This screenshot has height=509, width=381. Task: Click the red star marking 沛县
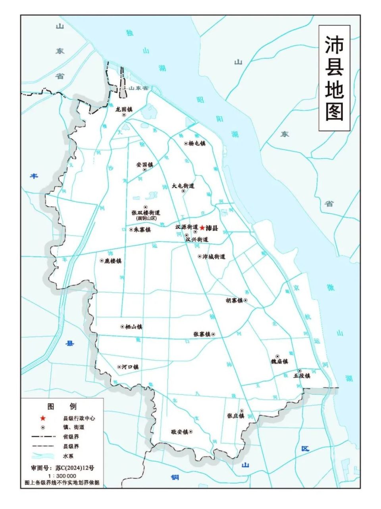click(x=202, y=228)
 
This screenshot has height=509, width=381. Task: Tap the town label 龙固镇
click(x=124, y=109)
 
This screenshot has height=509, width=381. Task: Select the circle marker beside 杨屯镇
click(x=186, y=144)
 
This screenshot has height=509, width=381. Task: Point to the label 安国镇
click(x=144, y=164)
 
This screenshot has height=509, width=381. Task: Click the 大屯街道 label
click(x=183, y=186)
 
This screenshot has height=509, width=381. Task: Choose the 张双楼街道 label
click(x=146, y=213)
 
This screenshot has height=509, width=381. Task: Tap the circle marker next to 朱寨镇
click(x=131, y=230)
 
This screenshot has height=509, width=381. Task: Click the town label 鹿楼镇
click(x=113, y=261)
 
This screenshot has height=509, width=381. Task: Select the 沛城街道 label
click(x=214, y=256)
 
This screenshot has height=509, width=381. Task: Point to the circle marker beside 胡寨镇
click(x=246, y=300)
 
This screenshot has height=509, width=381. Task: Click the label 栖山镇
click(x=134, y=327)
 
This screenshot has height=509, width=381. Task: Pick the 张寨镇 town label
click(x=202, y=334)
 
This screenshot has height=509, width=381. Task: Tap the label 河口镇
click(x=130, y=367)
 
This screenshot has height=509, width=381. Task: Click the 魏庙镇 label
click(x=279, y=362)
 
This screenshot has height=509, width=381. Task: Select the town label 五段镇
click(x=302, y=375)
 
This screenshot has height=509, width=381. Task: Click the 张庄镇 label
click(x=235, y=416)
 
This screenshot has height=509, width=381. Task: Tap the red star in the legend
click(x=43, y=418)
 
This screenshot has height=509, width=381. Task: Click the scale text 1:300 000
click(x=62, y=476)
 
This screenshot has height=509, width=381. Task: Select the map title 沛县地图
click(x=334, y=78)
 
